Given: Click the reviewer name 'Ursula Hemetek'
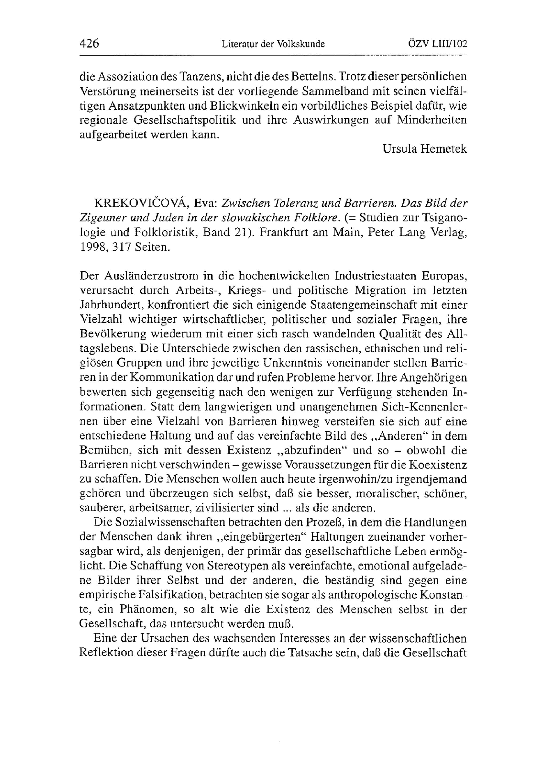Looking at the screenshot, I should point(425,149).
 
